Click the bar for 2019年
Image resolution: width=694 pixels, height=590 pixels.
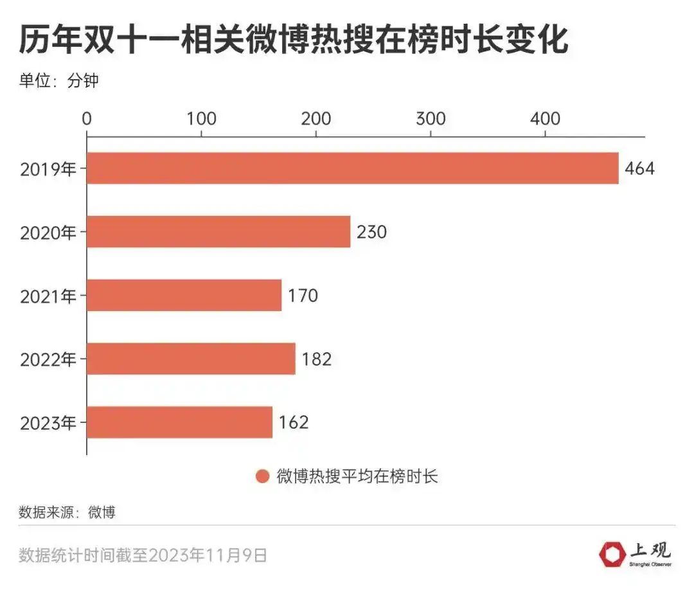point(352,168)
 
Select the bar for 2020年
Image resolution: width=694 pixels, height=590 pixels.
point(218,231)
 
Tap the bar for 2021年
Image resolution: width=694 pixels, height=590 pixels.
point(184,295)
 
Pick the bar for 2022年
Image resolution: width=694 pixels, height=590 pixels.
point(191,359)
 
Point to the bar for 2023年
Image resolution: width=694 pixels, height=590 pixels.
point(179,422)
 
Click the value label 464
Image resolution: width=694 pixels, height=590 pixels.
point(639,168)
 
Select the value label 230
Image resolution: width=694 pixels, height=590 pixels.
point(371,231)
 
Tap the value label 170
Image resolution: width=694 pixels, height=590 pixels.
point(303,295)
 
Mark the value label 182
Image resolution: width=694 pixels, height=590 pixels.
point(316,359)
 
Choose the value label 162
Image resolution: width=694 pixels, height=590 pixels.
point(294,422)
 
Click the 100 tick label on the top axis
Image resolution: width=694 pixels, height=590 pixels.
point(201,119)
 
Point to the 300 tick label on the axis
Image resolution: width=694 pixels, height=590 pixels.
point(431,119)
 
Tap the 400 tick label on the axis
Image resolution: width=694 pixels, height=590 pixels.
point(545,119)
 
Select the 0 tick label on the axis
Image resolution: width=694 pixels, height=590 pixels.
point(87,119)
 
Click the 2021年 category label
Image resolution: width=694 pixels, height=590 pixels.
point(48,296)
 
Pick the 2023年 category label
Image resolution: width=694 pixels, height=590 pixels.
point(48,424)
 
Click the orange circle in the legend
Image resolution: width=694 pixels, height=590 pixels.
point(262,476)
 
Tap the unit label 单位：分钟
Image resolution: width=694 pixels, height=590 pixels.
point(58,81)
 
